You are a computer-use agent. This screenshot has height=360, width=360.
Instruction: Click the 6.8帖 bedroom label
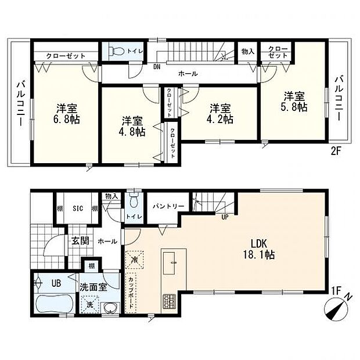(68, 114)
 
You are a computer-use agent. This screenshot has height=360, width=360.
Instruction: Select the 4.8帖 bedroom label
(133, 127)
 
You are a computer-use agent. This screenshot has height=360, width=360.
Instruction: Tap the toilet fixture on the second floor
(114, 51)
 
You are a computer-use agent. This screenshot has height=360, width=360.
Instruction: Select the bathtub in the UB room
(52, 304)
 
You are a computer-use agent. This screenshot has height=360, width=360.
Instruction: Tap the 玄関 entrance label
(79, 240)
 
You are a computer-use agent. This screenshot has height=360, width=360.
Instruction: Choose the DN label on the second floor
(157, 66)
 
